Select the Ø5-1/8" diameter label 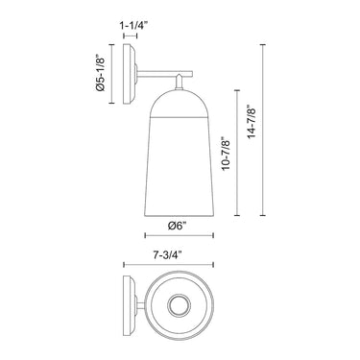coord(100,72)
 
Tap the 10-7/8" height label coord(226,154)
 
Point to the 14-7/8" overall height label coord(252,123)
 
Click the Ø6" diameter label coord(177,226)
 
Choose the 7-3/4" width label coord(167,254)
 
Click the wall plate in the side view coord(130,74)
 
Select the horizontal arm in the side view coord(164,74)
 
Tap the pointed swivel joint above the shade coord(180,83)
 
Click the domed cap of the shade coord(180,104)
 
